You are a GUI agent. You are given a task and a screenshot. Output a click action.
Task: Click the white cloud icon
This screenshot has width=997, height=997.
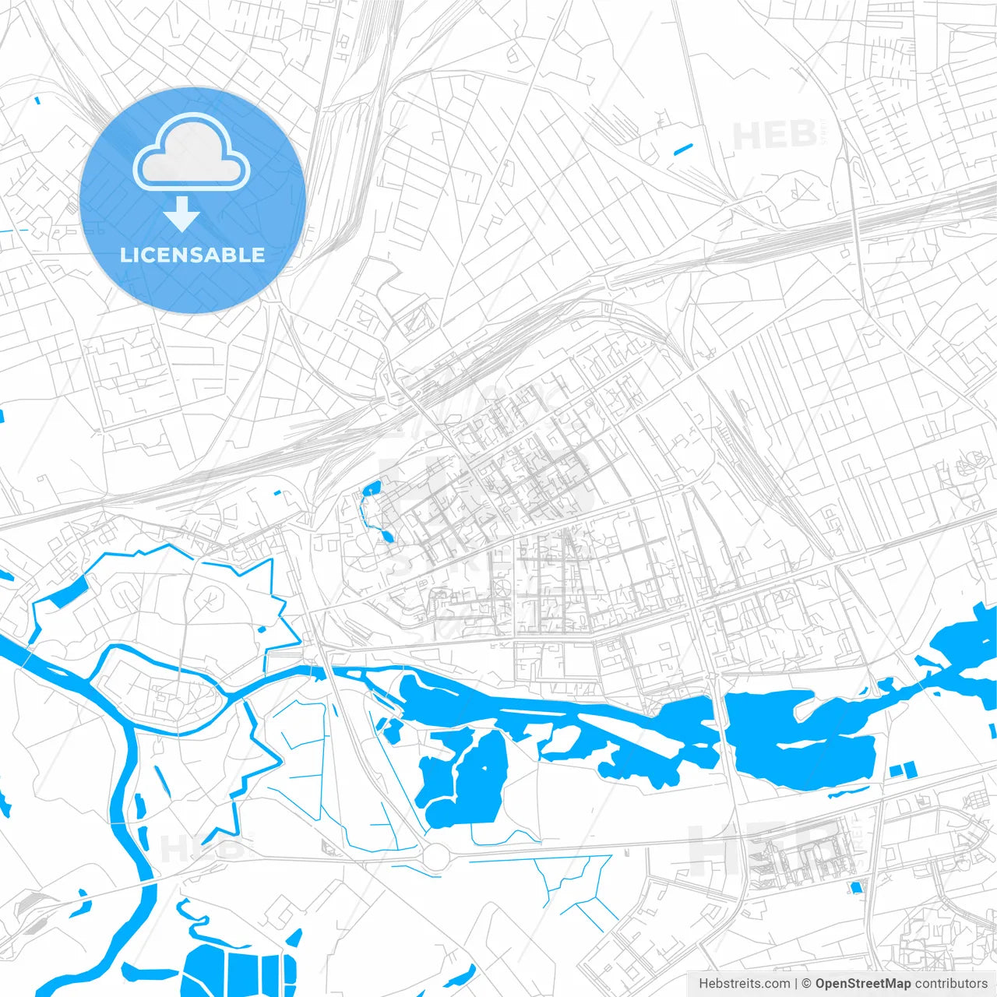(192, 152)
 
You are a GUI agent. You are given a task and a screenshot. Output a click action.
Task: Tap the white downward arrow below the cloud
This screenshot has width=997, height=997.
(182, 214)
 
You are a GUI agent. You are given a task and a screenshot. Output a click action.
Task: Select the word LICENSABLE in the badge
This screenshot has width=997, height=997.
(192, 255)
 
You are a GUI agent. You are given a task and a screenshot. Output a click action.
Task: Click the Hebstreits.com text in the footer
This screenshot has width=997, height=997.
(744, 984)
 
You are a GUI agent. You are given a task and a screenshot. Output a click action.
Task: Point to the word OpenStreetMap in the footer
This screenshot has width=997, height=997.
(862, 984)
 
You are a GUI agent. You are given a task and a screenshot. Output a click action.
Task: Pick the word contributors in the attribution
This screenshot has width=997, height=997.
(951, 984)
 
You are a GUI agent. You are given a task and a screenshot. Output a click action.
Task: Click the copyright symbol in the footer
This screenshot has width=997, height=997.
(807, 984)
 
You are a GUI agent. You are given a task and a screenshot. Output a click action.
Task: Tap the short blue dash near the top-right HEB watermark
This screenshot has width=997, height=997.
(683, 148)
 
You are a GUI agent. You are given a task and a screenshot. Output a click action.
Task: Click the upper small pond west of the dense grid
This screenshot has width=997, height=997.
(372, 489)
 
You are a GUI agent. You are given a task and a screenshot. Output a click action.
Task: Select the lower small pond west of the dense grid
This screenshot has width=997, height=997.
(387, 536)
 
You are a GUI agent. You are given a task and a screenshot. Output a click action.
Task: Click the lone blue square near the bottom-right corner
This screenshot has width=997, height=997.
(857, 887)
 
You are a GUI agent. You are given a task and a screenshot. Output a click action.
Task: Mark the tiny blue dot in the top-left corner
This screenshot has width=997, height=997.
(37, 100)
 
